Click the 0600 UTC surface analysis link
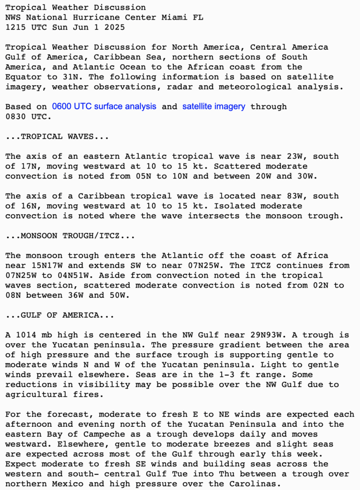pos(104,106)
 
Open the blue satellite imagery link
pos(214,106)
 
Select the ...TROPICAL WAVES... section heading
pos(57,136)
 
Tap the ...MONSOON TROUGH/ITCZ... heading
pos(69,235)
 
